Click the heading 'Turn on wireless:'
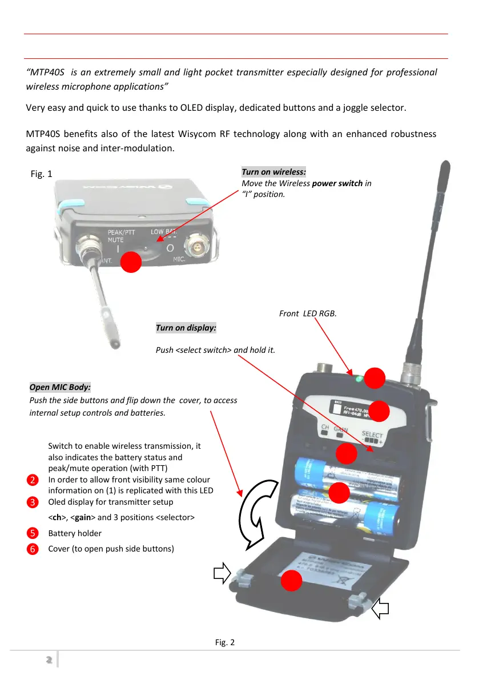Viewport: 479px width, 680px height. click(x=274, y=172)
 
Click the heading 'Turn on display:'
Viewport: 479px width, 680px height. click(x=186, y=328)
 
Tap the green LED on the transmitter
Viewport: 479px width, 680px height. click(x=359, y=379)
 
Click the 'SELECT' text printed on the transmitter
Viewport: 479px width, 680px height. click(x=372, y=435)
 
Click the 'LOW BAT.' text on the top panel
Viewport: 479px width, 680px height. click(x=164, y=232)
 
